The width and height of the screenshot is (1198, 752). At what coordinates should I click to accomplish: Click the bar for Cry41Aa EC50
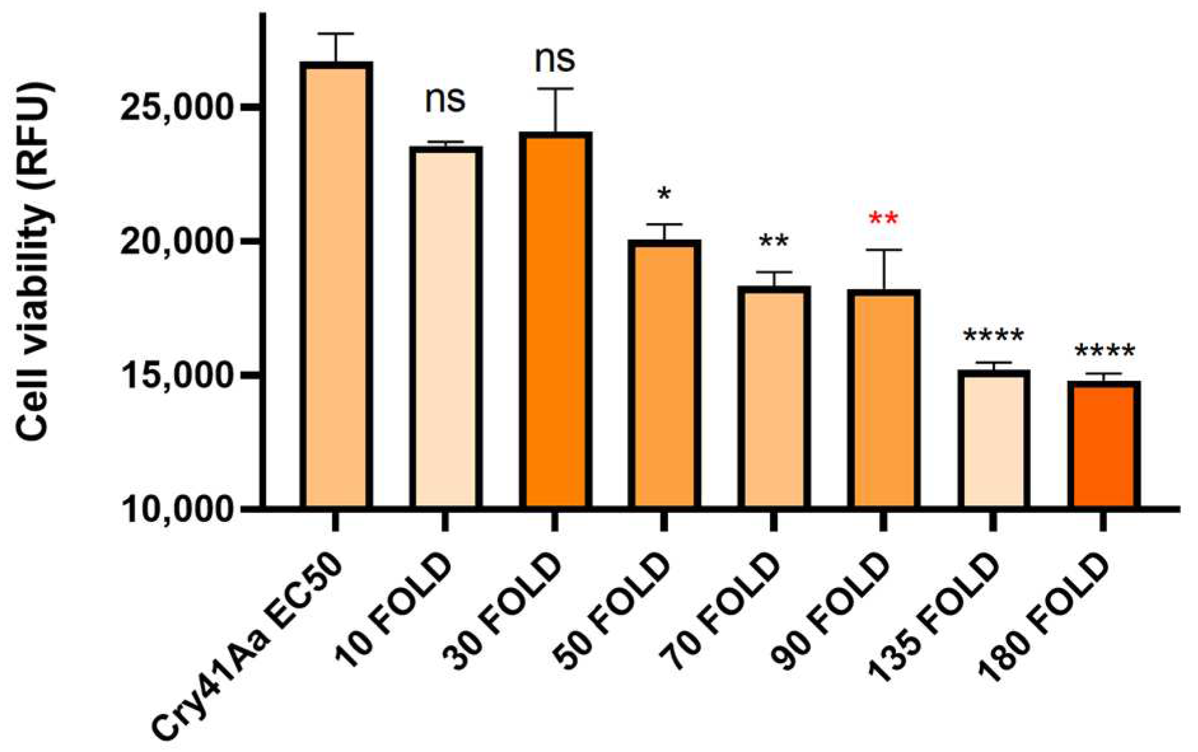[x=336, y=286]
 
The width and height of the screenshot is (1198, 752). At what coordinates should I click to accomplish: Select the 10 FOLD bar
[x=445, y=327]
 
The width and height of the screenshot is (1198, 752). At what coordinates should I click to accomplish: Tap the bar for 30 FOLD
[x=555, y=321]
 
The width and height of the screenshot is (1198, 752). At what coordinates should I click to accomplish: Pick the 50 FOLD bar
[x=664, y=375]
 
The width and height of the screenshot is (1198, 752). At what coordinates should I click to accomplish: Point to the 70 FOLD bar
[x=774, y=397]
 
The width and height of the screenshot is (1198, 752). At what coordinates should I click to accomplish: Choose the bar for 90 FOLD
[x=883, y=399]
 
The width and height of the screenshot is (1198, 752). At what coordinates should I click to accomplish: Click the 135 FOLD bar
[x=993, y=440]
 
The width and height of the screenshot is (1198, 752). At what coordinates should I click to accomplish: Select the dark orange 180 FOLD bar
[x=1103, y=445]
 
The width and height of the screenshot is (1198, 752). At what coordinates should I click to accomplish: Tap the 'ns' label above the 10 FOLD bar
[x=445, y=100]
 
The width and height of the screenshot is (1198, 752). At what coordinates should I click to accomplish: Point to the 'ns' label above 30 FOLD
[x=555, y=58]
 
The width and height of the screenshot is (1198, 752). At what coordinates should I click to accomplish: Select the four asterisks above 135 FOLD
[x=993, y=336]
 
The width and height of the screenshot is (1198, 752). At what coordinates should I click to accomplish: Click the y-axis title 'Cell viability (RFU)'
[x=33, y=261]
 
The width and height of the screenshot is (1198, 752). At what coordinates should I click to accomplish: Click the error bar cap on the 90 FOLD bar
[x=883, y=250]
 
